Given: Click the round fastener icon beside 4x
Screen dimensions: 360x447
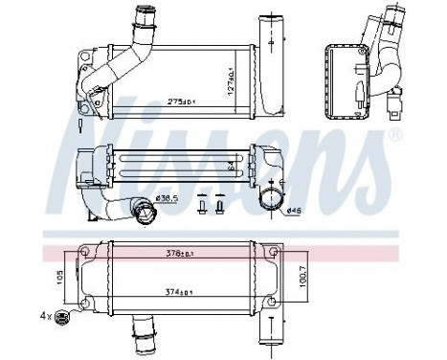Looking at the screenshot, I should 63,317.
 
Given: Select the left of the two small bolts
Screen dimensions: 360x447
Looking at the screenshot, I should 202,205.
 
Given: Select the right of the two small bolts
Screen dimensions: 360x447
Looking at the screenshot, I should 220,205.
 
